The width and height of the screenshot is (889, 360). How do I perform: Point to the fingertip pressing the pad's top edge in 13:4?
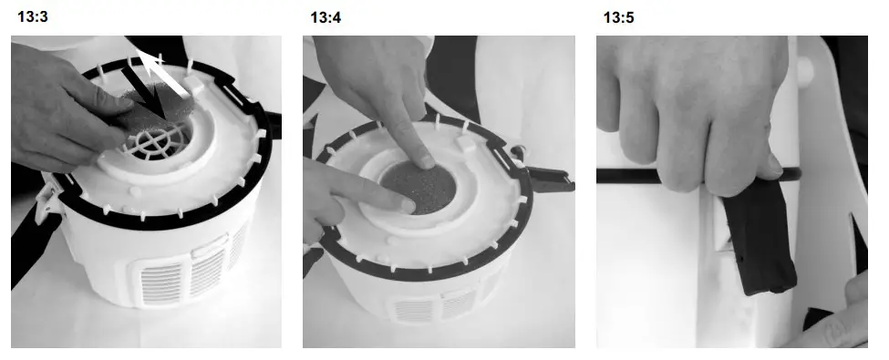[x=425, y=160]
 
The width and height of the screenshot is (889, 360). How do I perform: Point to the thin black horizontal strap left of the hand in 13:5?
[x=638, y=175]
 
